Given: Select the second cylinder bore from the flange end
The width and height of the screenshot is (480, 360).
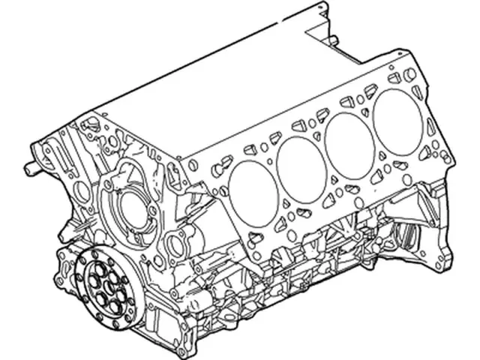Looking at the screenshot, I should click(x=299, y=166).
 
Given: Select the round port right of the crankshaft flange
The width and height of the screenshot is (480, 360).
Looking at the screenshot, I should click(x=178, y=244).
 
